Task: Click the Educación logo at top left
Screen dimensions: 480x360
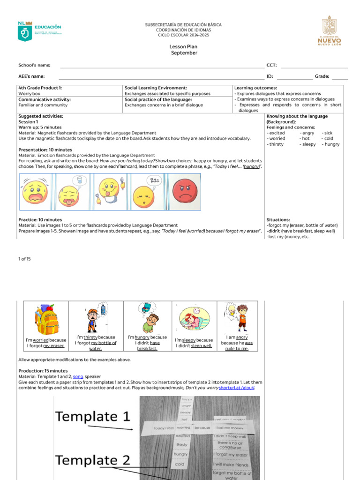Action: pos(39,30)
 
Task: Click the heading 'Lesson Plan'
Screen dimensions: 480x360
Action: pos(183,47)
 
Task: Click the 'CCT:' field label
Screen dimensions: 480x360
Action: pos(271,65)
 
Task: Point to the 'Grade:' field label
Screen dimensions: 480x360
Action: pos(322,76)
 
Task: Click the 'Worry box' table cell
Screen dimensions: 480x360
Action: pos(29,94)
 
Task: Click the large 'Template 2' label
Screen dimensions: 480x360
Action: pos(93,460)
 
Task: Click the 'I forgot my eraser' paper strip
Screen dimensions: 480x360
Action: pos(231,454)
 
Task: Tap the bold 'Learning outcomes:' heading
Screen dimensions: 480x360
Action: pos(255,88)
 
